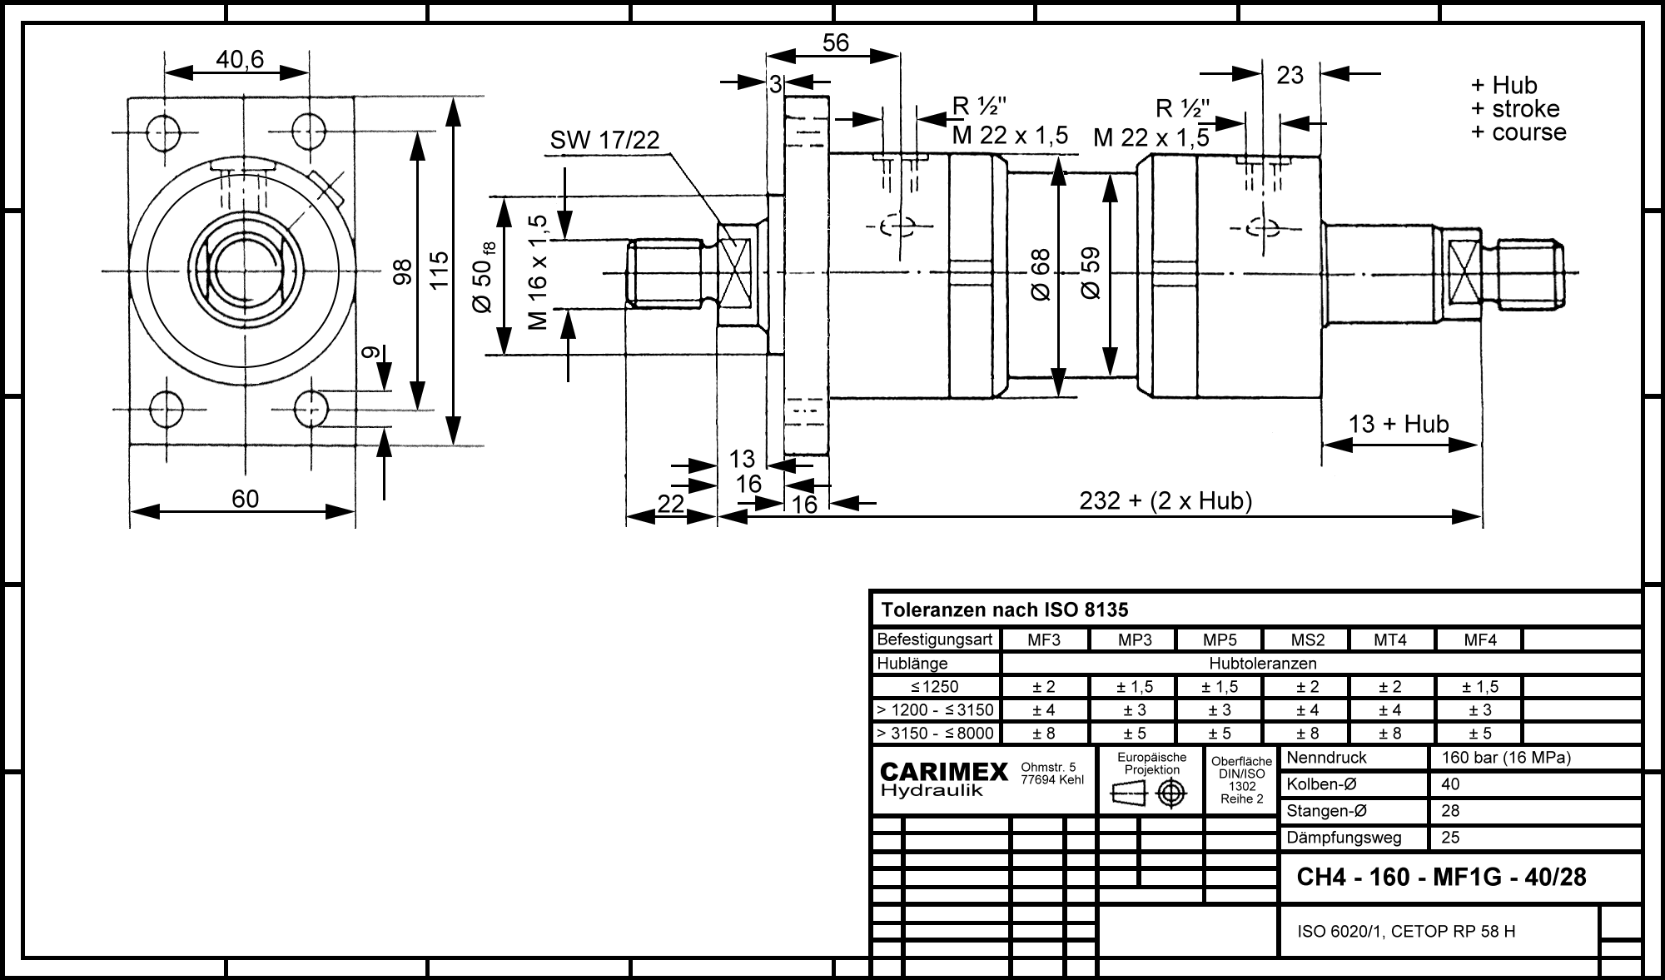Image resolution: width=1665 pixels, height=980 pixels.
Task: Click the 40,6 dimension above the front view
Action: tap(240, 59)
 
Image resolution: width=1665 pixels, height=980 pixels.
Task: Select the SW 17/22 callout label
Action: tap(604, 141)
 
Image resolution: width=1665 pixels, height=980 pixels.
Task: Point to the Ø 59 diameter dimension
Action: tap(1090, 273)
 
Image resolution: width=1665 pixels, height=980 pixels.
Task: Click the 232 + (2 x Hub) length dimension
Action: tap(1165, 500)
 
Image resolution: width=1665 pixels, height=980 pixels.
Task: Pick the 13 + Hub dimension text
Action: tap(1399, 424)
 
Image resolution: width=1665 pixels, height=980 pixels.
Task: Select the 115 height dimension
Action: tap(439, 270)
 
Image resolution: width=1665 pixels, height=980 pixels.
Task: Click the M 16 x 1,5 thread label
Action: tap(539, 272)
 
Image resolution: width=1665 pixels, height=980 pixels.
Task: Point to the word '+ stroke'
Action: tap(1515, 108)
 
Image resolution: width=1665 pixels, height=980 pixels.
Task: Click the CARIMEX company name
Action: tap(944, 773)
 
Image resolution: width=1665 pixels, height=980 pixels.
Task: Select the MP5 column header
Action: tap(1220, 640)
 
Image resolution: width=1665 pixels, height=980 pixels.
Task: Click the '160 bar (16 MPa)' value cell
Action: tap(1505, 758)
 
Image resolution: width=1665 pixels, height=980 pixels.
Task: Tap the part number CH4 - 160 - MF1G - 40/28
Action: tap(1442, 877)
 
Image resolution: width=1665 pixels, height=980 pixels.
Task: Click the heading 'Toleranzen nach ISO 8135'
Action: tap(1005, 610)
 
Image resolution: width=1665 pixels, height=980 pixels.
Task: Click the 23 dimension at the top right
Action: tap(1290, 75)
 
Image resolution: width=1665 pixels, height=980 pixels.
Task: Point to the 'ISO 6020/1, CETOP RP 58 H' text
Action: tap(1406, 931)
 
